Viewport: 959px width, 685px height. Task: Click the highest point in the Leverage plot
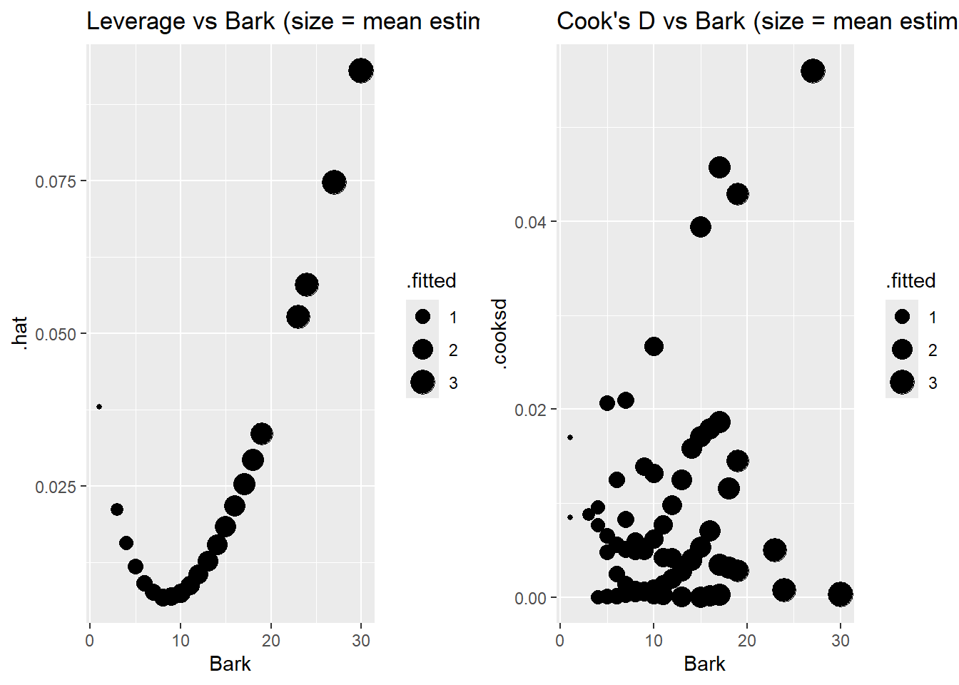pos(361,71)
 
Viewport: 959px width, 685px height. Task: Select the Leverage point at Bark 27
pos(334,182)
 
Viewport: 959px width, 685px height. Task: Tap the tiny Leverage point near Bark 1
pos(99,407)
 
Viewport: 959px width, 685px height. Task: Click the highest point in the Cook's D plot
pos(813,71)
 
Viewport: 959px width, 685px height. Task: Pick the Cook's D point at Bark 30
pos(841,594)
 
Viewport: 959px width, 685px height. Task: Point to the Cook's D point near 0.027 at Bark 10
pos(654,346)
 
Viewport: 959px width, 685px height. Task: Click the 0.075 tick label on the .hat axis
pos(55,181)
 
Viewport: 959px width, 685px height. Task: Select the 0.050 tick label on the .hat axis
pos(55,334)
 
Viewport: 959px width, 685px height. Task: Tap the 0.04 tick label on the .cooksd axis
pos(530,222)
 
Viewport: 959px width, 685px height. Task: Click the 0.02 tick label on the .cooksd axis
pos(530,410)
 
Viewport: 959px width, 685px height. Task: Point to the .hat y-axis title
pos(20,333)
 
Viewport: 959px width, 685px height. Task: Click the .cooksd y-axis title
pos(499,333)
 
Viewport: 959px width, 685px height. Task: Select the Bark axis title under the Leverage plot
pos(230,664)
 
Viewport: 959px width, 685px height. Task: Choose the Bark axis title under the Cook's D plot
pos(704,664)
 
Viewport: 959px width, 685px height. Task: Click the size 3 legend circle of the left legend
pos(422,382)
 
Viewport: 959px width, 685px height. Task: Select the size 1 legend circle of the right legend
pos(902,316)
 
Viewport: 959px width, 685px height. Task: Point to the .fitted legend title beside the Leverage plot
pos(432,280)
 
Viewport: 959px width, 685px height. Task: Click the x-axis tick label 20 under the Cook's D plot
pos(747,640)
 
